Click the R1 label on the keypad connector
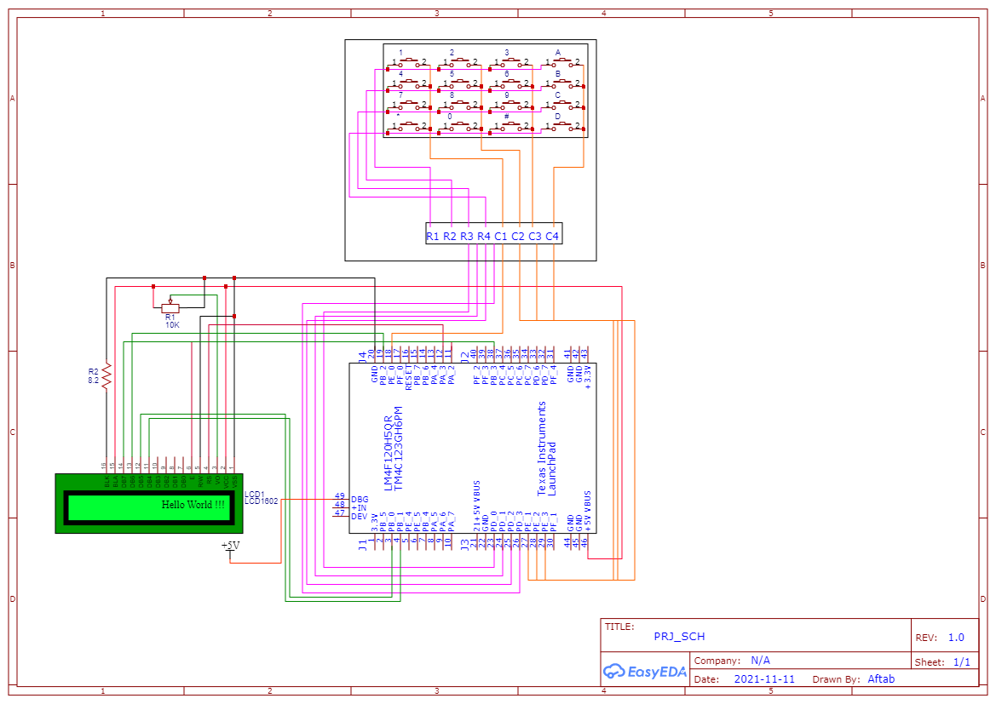coord(433,236)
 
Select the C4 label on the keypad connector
coord(552,236)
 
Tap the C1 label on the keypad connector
coord(501,236)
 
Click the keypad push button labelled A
coord(563,62)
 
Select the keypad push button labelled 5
coord(458,83)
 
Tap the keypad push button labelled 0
coord(458,126)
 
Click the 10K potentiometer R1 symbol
coord(170,307)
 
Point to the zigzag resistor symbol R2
coord(107,376)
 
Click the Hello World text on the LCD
coord(194,505)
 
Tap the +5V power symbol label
coord(230,545)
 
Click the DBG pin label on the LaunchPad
coord(360,499)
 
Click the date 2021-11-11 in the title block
coord(763,679)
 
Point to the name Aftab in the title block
coord(881,679)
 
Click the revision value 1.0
coord(956,638)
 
